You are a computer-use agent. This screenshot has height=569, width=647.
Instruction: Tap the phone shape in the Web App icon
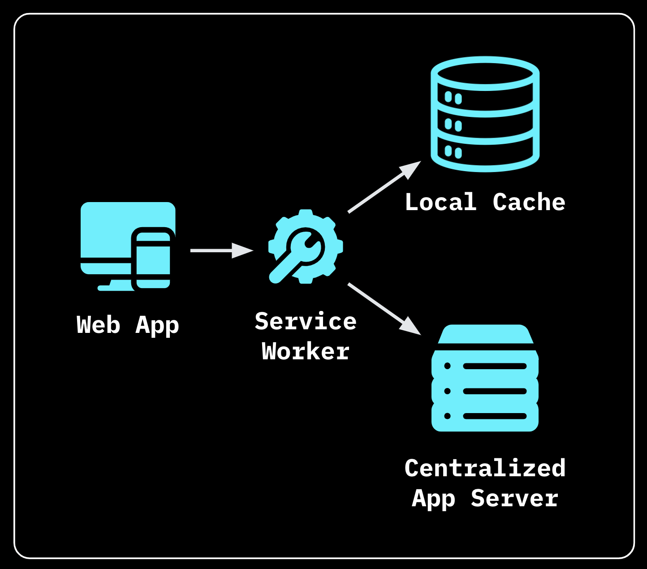pyautogui.click(x=153, y=259)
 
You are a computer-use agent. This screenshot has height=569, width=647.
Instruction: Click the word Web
pyautogui.click(x=98, y=325)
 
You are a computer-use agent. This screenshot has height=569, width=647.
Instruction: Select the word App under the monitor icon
pyautogui.click(x=157, y=326)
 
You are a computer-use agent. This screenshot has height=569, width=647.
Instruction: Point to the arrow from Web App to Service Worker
pyautogui.click(x=221, y=250)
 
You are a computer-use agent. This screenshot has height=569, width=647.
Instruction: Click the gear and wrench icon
pyautogui.click(x=305, y=246)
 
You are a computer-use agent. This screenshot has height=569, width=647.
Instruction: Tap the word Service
pyautogui.click(x=306, y=322)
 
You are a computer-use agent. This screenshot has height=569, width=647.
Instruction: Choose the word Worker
pyautogui.click(x=306, y=352)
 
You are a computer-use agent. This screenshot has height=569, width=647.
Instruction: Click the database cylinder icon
pyautogui.click(x=485, y=114)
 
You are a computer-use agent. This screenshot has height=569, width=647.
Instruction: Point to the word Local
pyautogui.click(x=440, y=203)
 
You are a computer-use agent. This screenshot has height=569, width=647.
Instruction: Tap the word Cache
pyautogui.click(x=529, y=203)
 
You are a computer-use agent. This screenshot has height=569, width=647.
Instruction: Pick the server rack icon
pyautogui.click(x=485, y=379)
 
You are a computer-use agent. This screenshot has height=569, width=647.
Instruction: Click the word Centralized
pyautogui.click(x=485, y=468)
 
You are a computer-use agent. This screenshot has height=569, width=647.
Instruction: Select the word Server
pyautogui.click(x=514, y=498)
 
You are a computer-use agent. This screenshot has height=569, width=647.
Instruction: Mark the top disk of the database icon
pyautogui.click(x=485, y=74)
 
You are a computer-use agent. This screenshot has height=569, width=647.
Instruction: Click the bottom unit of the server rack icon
pyautogui.click(x=485, y=416)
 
